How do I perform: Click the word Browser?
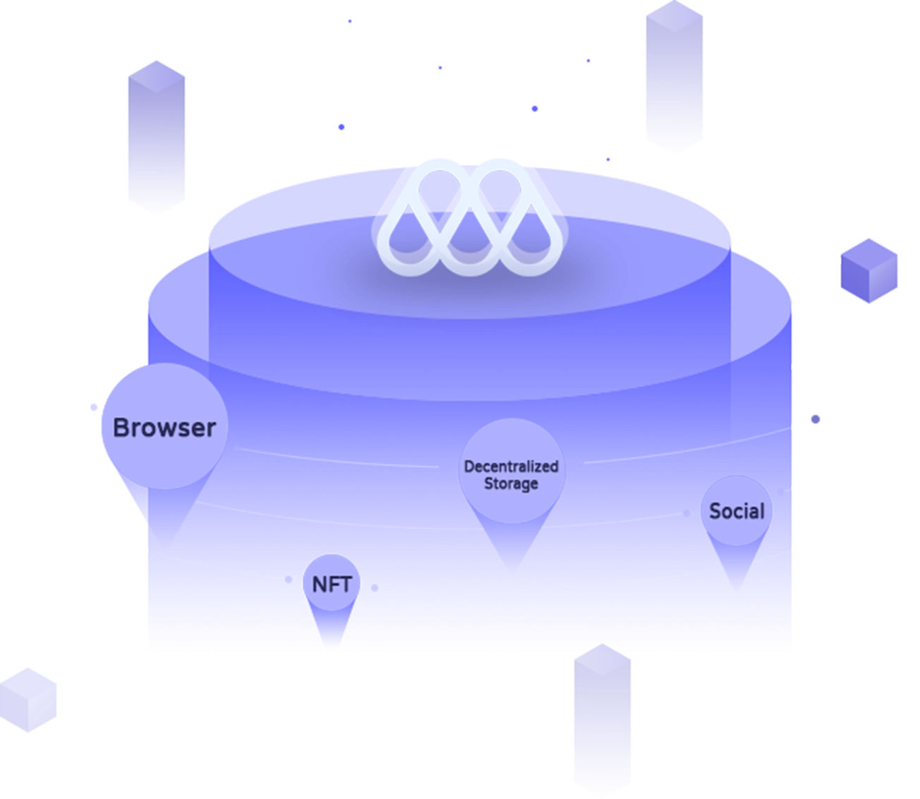[164, 428]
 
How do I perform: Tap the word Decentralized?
[512, 467]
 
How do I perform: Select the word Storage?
[512, 484]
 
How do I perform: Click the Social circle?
[737, 511]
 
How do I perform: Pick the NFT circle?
[332, 584]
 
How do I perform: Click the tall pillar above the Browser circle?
[157, 138]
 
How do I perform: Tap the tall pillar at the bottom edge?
[602, 720]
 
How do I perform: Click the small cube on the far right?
[869, 271]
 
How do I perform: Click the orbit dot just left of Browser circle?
[94, 407]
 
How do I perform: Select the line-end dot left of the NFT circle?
[289, 579]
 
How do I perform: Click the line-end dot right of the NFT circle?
[375, 587]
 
